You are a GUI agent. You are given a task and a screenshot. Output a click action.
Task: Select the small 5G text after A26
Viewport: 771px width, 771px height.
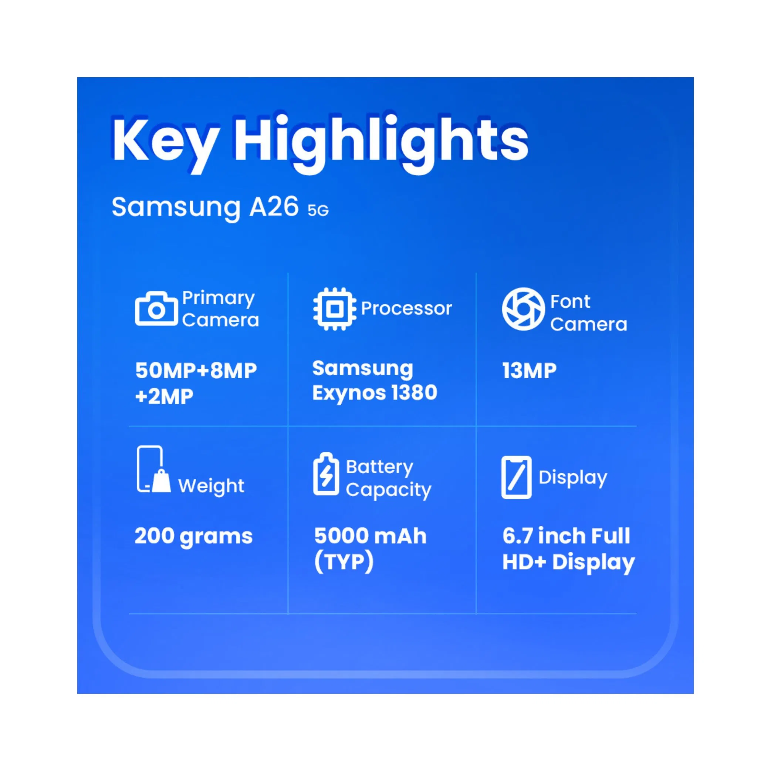[x=318, y=210]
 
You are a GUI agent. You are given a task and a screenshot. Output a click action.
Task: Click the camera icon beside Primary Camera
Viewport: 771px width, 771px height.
[x=156, y=308]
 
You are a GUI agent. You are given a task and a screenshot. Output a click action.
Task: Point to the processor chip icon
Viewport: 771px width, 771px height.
[x=335, y=309]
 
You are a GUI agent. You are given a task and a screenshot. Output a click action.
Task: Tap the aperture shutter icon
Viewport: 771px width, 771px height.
[x=523, y=309]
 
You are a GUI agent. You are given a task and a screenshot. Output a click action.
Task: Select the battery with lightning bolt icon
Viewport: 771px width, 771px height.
[x=327, y=474]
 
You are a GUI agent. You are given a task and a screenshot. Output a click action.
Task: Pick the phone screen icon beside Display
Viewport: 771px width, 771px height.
[x=516, y=477]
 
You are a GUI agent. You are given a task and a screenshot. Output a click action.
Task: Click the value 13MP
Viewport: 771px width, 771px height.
[x=529, y=371]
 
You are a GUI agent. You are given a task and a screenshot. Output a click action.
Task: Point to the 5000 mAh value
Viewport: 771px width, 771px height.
[x=370, y=536]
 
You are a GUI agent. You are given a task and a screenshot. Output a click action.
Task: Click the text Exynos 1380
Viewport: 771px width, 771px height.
[x=375, y=393]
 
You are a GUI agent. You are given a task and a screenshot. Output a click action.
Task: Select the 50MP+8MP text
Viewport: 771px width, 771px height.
[x=196, y=371]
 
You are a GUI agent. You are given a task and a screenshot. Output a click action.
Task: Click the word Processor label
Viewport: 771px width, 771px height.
[x=406, y=308]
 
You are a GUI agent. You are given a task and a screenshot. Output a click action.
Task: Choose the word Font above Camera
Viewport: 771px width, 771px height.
[x=570, y=302]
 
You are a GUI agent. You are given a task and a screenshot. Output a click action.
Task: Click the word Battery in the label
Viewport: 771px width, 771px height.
[x=379, y=467]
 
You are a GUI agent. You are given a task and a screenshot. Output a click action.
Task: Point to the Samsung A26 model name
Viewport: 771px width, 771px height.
[x=205, y=207]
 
